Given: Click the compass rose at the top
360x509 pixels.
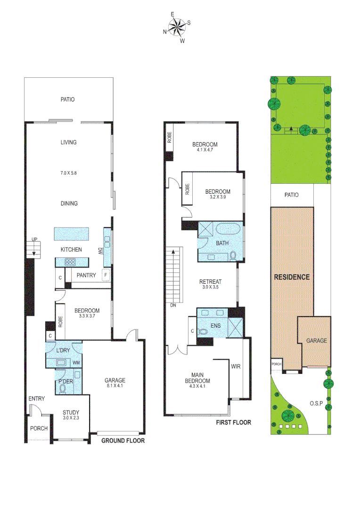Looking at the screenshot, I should point(177,28).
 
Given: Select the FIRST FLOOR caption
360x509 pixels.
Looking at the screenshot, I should point(233,422).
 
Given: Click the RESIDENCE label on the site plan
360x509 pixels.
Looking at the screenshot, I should point(292,277).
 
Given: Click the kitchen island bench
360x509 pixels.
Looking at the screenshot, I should point(72,233).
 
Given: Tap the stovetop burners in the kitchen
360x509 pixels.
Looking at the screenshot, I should point(71,262).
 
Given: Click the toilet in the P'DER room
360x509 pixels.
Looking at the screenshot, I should point(63,389).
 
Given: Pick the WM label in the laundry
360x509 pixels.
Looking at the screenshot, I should point(76,363).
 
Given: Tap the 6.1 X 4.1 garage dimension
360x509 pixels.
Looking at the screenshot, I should point(115,386).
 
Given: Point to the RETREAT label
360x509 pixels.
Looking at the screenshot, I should point(210,281).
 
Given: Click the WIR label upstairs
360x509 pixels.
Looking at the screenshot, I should point(236,366).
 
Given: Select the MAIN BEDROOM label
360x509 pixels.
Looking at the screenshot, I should point(197,378).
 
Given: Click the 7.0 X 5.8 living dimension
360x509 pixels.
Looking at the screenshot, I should point(68,173).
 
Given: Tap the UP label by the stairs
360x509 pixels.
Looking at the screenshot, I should point(34,240).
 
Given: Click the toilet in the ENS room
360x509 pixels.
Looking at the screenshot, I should point(203,331).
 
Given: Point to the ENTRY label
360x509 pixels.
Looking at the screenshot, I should point(36,399).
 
